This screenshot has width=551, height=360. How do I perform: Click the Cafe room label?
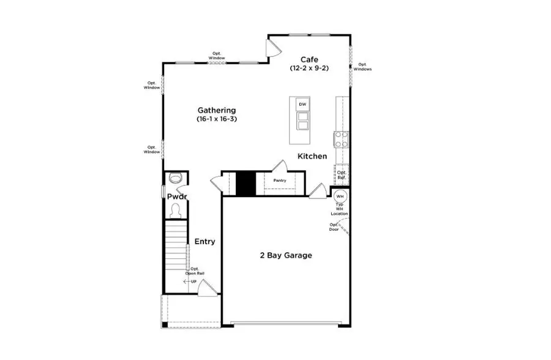point(309,59)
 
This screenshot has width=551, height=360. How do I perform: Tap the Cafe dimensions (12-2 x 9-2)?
point(309,69)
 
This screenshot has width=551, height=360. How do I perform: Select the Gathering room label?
point(217,110)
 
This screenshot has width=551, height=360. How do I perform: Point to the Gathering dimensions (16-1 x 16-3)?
point(217,119)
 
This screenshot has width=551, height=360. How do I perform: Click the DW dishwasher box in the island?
point(302,105)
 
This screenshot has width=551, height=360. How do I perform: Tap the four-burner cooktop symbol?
point(340,140)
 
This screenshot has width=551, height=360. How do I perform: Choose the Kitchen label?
point(312,157)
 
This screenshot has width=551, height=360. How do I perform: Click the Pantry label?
point(280,181)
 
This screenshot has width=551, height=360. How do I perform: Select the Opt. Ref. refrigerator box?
point(342,175)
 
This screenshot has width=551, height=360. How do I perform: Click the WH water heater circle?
point(340,196)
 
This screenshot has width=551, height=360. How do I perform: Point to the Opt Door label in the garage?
point(334,227)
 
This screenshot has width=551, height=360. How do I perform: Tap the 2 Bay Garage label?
point(285,255)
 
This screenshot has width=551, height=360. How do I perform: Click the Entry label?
point(204,242)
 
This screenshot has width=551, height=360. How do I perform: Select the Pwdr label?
point(176,197)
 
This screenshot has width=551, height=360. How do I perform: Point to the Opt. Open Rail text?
point(195,271)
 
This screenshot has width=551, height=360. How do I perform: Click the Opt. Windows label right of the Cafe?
point(362,67)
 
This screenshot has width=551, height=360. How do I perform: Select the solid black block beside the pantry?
point(246,184)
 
